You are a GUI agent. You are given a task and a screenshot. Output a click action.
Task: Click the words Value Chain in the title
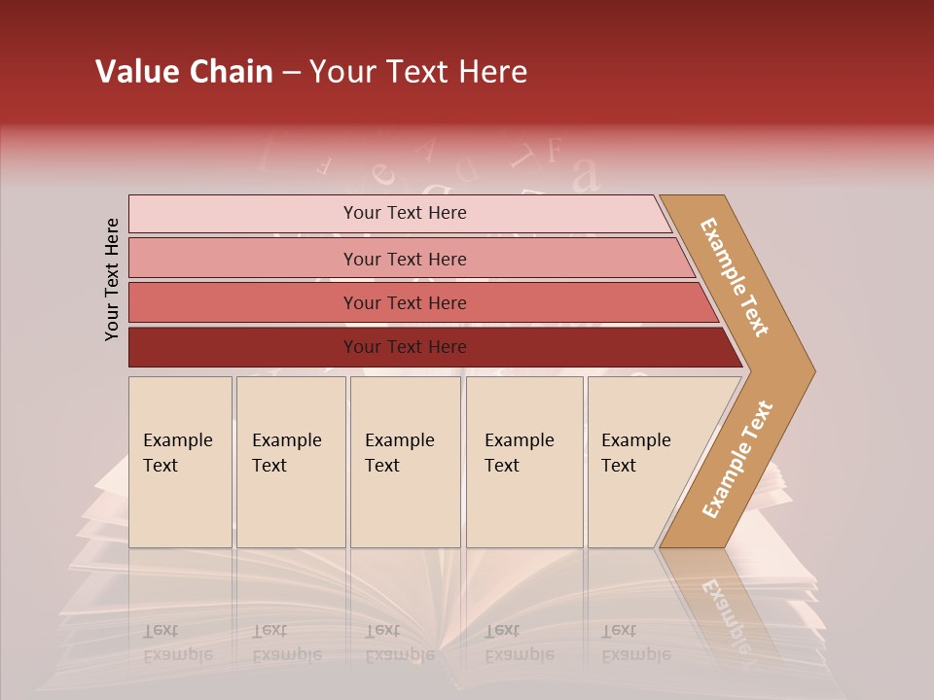pos(184,72)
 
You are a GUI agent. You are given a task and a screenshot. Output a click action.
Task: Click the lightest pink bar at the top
pos(243,214)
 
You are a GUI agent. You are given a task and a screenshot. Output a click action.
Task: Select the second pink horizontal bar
pos(243,259)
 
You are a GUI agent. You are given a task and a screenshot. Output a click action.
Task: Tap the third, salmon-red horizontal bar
pos(243,302)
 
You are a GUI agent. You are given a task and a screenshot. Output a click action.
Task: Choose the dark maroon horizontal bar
pos(243,347)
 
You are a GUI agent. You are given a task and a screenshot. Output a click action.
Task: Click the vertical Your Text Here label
pos(112,279)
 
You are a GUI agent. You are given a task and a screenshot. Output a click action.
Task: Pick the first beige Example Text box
pos(180,462)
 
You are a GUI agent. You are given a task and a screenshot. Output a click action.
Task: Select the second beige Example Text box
pos(291,462)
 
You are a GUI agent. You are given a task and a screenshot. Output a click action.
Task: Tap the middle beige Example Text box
pos(405,462)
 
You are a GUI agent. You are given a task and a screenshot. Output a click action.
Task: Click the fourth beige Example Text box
pos(524,462)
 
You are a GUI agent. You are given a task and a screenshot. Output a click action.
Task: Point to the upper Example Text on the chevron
pos(736,277)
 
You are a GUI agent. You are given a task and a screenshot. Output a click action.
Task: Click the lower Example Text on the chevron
pos(737,459)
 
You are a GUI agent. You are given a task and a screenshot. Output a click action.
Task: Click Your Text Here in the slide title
pos(418,72)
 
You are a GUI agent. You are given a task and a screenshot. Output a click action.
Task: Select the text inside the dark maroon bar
pos(405,347)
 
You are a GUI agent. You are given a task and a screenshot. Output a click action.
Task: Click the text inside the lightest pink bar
pos(405,213)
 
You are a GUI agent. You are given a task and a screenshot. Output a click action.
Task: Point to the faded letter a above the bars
pos(585,175)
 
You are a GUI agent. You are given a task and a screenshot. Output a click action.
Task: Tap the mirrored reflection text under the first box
pos(177,643)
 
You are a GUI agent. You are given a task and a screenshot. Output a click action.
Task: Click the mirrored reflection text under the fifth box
pos(635,643)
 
